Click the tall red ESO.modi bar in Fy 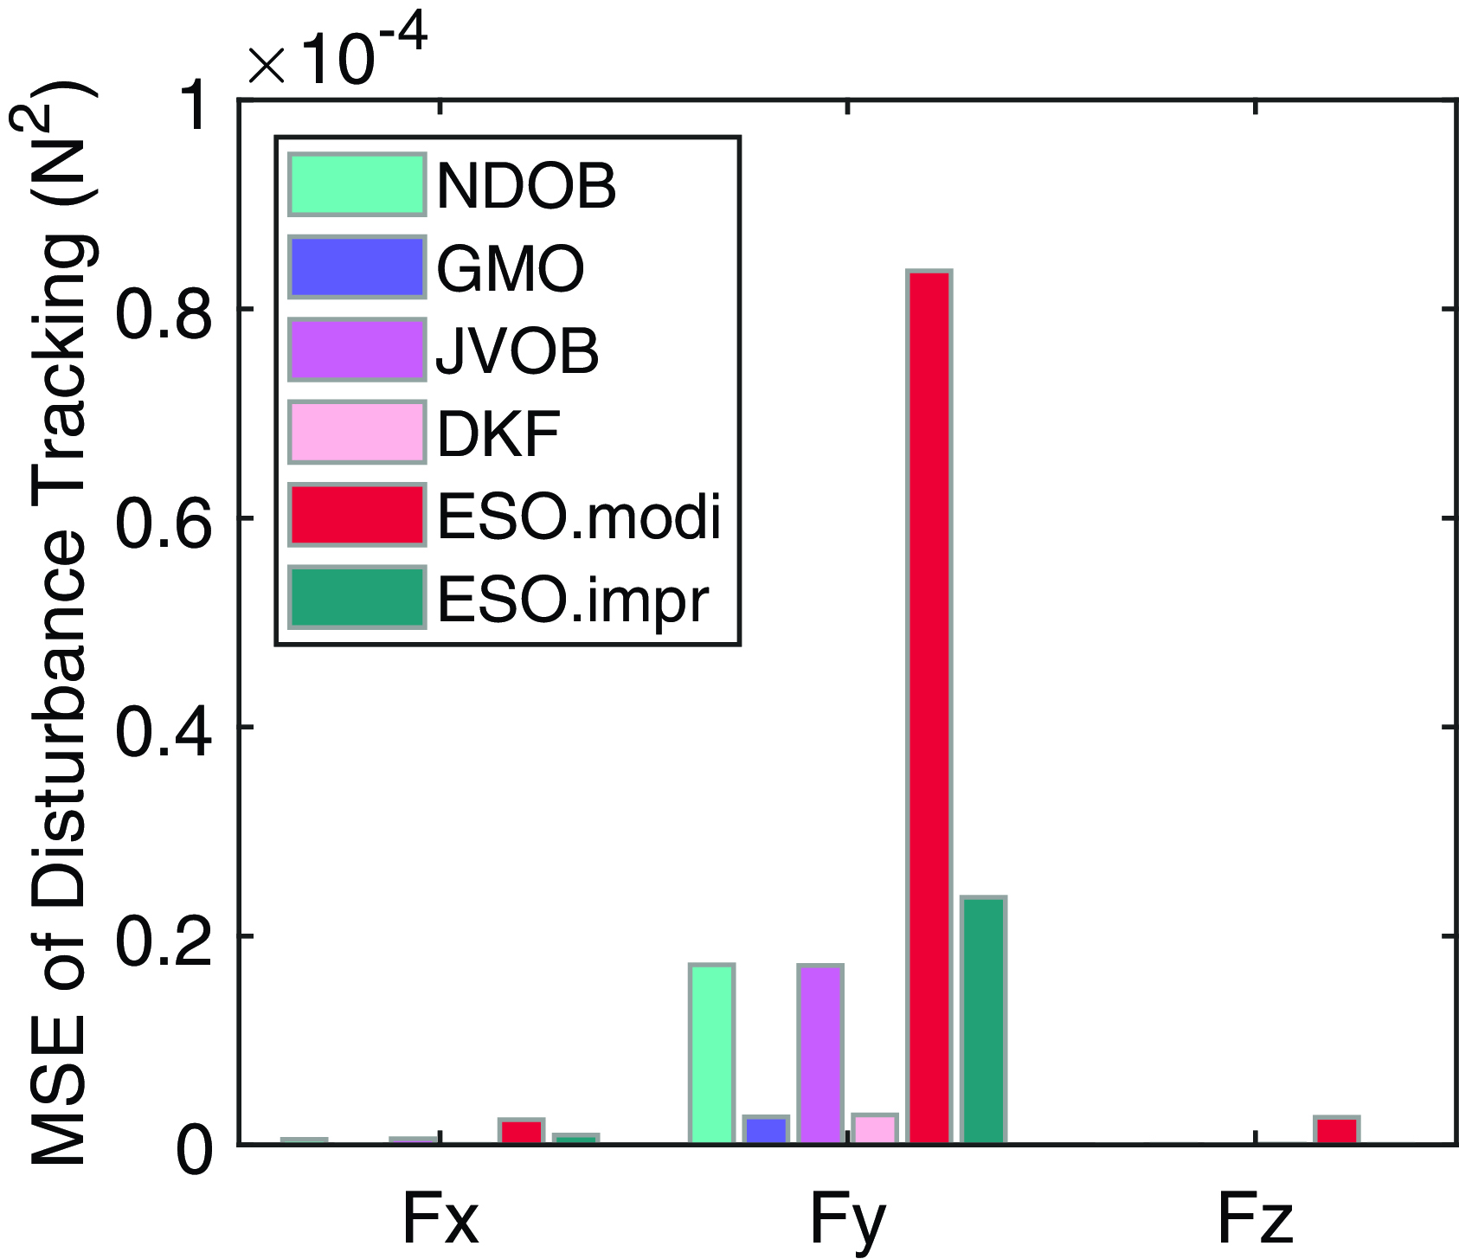(929, 707)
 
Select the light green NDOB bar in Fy (711, 1054)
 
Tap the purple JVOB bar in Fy (820, 1054)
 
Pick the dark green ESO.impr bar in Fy (984, 1021)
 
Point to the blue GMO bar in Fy (766, 1130)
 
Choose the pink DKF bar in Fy (875, 1129)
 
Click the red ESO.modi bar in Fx (521, 1132)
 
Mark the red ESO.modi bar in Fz (1337, 1131)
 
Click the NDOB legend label (526, 184)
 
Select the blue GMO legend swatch (357, 267)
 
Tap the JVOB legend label (517, 350)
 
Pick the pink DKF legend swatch (357, 432)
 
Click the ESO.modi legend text (579, 517)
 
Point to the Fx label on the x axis (440, 1218)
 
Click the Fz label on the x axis (1255, 1218)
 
